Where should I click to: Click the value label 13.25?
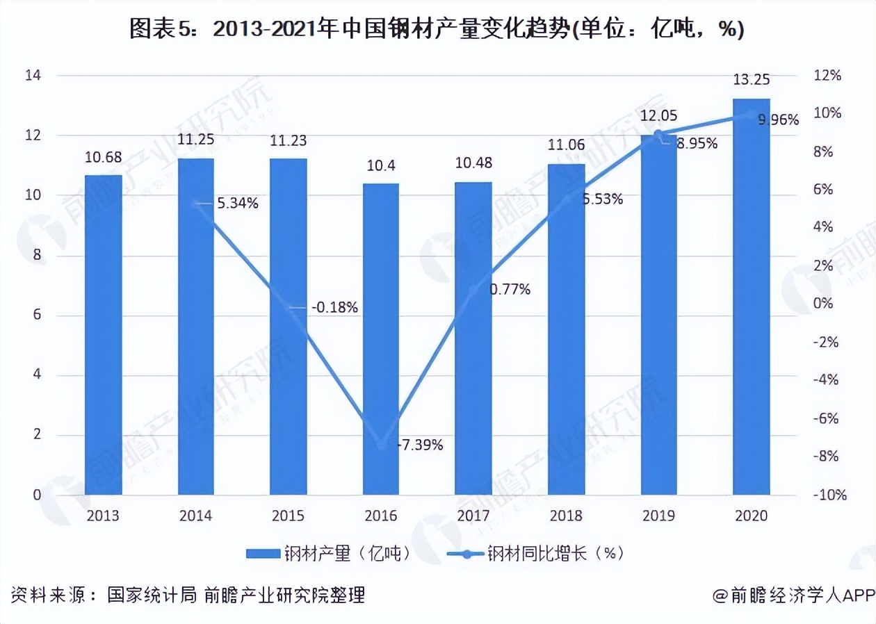tap(752, 79)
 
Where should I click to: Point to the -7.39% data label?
tap(420, 445)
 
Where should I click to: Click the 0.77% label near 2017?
tap(510, 289)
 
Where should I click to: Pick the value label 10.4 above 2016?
tap(381, 166)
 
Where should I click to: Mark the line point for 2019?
tap(659, 134)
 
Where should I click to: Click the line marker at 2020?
tap(752, 115)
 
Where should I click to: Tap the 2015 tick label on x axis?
tap(288, 516)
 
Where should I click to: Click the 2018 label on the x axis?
tap(566, 516)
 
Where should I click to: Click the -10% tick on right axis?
tap(830, 495)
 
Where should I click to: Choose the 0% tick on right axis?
tap(823, 304)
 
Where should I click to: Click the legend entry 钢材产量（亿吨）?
tap(327, 554)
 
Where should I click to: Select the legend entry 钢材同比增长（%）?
tap(535, 554)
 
